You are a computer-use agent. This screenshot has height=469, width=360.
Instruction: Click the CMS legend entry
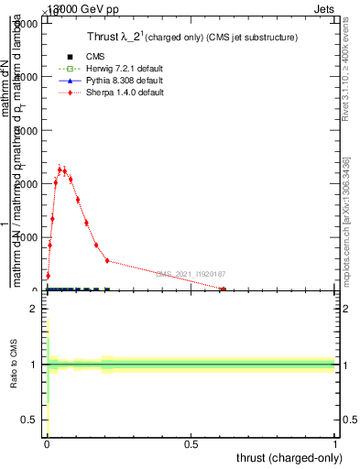click(82, 56)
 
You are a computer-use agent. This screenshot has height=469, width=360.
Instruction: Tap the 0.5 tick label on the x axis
click(191, 444)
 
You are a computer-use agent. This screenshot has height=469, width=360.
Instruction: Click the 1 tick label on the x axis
click(335, 444)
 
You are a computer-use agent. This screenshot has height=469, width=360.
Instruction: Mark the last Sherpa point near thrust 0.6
click(223, 289)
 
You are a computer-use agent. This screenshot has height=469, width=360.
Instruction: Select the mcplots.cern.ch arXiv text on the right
click(346, 220)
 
